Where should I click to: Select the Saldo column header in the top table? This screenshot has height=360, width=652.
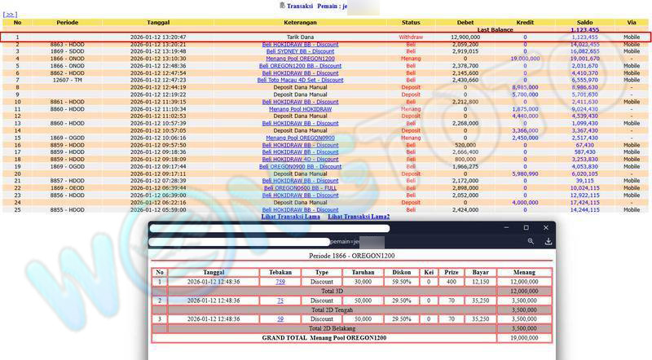tap(584, 22)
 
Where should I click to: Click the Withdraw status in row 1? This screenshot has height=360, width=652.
tap(411, 37)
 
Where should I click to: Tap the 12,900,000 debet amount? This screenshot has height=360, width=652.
tap(465, 37)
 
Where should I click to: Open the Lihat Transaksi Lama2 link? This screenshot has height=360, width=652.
tap(359, 217)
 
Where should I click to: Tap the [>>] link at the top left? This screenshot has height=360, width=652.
tap(11, 14)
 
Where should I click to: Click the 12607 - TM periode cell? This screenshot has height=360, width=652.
tap(67, 80)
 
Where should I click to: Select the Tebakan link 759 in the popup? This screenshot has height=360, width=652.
tap(280, 282)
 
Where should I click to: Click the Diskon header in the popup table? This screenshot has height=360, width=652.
tap(400, 272)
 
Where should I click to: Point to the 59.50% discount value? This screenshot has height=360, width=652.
tap(400, 282)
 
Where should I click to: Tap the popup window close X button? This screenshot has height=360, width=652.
tap(547, 227)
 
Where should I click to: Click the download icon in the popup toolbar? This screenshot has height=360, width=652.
tap(548, 242)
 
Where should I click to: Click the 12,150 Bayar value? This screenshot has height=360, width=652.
tap(482, 282)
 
